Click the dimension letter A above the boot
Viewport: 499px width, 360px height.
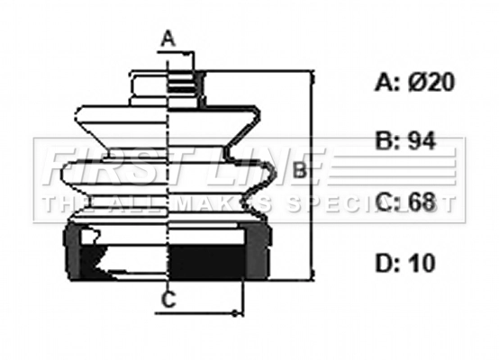click(x=168, y=39)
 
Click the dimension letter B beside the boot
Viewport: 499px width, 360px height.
click(x=301, y=170)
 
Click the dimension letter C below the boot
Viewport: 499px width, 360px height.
click(x=168, y=301)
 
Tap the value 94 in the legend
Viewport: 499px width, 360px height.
click(x=424, y=141)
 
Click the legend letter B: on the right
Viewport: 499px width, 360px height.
click(x=385, y=141)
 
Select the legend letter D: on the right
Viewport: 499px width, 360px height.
click(x=386, y=263)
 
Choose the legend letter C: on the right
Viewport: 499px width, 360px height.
click(x=386, y=202)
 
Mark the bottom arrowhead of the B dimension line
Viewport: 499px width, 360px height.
click(x=312, y=276)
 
